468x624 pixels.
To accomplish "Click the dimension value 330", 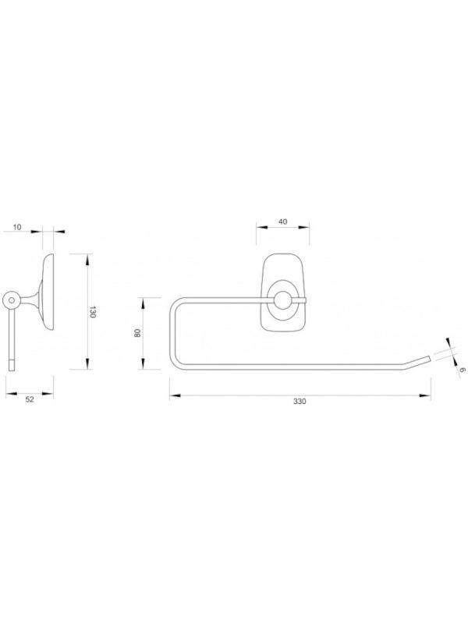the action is [x=300, y=401].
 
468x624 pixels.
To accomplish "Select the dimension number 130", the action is [x=93, y=312].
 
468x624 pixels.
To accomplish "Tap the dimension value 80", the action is [x=138, y=333].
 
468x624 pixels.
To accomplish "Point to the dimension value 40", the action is [x=282, y=222].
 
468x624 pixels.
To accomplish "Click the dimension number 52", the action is [x=30, y=399].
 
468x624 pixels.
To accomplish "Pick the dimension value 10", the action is [x=17, y=227].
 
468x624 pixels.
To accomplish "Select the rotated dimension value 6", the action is [x=461, y=370].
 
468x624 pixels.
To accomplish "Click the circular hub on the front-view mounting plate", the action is [x=283, y=300].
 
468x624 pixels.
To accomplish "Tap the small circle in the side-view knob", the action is [x=12, y=300].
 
